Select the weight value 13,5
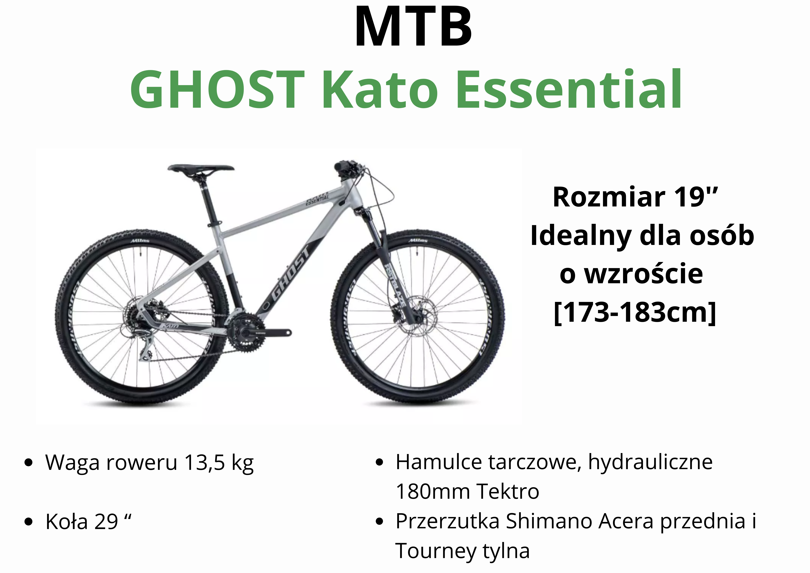pyautogui.click(x=205, y=463)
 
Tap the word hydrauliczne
pyautogui.click(x=650, y=463)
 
